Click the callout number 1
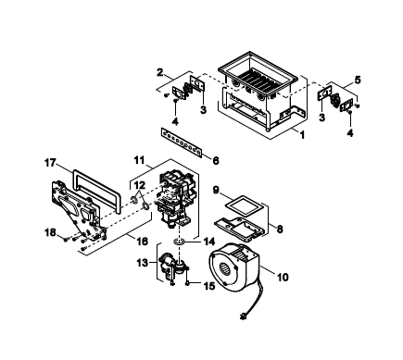[x=302, y=135]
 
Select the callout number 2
[x=159, y=73]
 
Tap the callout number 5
[x=358, y=80]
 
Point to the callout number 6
[x=216, y=160]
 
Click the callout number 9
[x=216, y=190]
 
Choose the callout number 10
[x=283, y=277]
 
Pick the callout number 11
[x=139, y=160]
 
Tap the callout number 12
[x=140, y=185]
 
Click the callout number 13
[x=143, y=263]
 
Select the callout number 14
[x=208, y=242]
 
